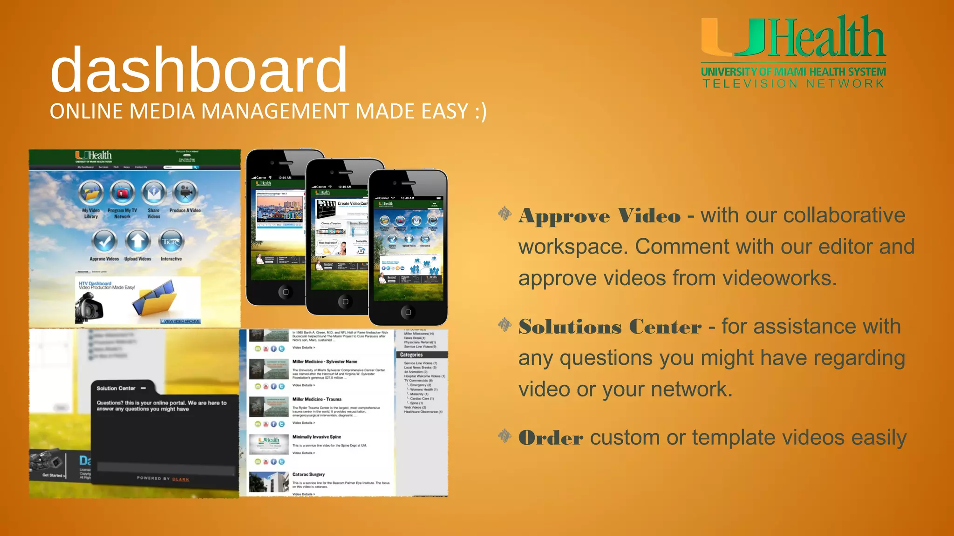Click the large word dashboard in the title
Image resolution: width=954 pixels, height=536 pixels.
(x=199, y=70)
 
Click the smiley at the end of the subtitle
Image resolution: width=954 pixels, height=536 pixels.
(x=480, y=112)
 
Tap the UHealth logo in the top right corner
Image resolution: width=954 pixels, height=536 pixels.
(x=793, y=37)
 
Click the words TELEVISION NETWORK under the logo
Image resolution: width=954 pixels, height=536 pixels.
(x=793, y=84)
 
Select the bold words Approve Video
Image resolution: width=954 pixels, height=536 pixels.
(x=600, y=216)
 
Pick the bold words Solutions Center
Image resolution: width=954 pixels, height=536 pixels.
(x=610, y=327)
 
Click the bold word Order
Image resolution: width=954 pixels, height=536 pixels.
(x=551, y=438)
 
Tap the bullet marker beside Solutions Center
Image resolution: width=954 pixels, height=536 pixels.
(x=504, y=325)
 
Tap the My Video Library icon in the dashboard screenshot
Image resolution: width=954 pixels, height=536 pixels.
(x=91, y=193)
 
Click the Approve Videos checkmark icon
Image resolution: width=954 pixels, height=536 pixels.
(x=104, y=241)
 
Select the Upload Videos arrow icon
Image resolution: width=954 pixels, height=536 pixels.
(x=137, y=241)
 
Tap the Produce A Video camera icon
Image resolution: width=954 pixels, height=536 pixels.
(x=185, y=192)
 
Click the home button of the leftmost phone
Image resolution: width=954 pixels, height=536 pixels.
(x=286, y=292)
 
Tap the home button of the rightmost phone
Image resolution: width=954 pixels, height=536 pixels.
(x=408, y=312)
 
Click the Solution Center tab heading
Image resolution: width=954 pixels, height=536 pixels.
(x=116, y=388)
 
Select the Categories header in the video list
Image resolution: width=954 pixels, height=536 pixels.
(x=411, y=355)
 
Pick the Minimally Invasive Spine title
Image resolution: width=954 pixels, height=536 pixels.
(x=317, y=437)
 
